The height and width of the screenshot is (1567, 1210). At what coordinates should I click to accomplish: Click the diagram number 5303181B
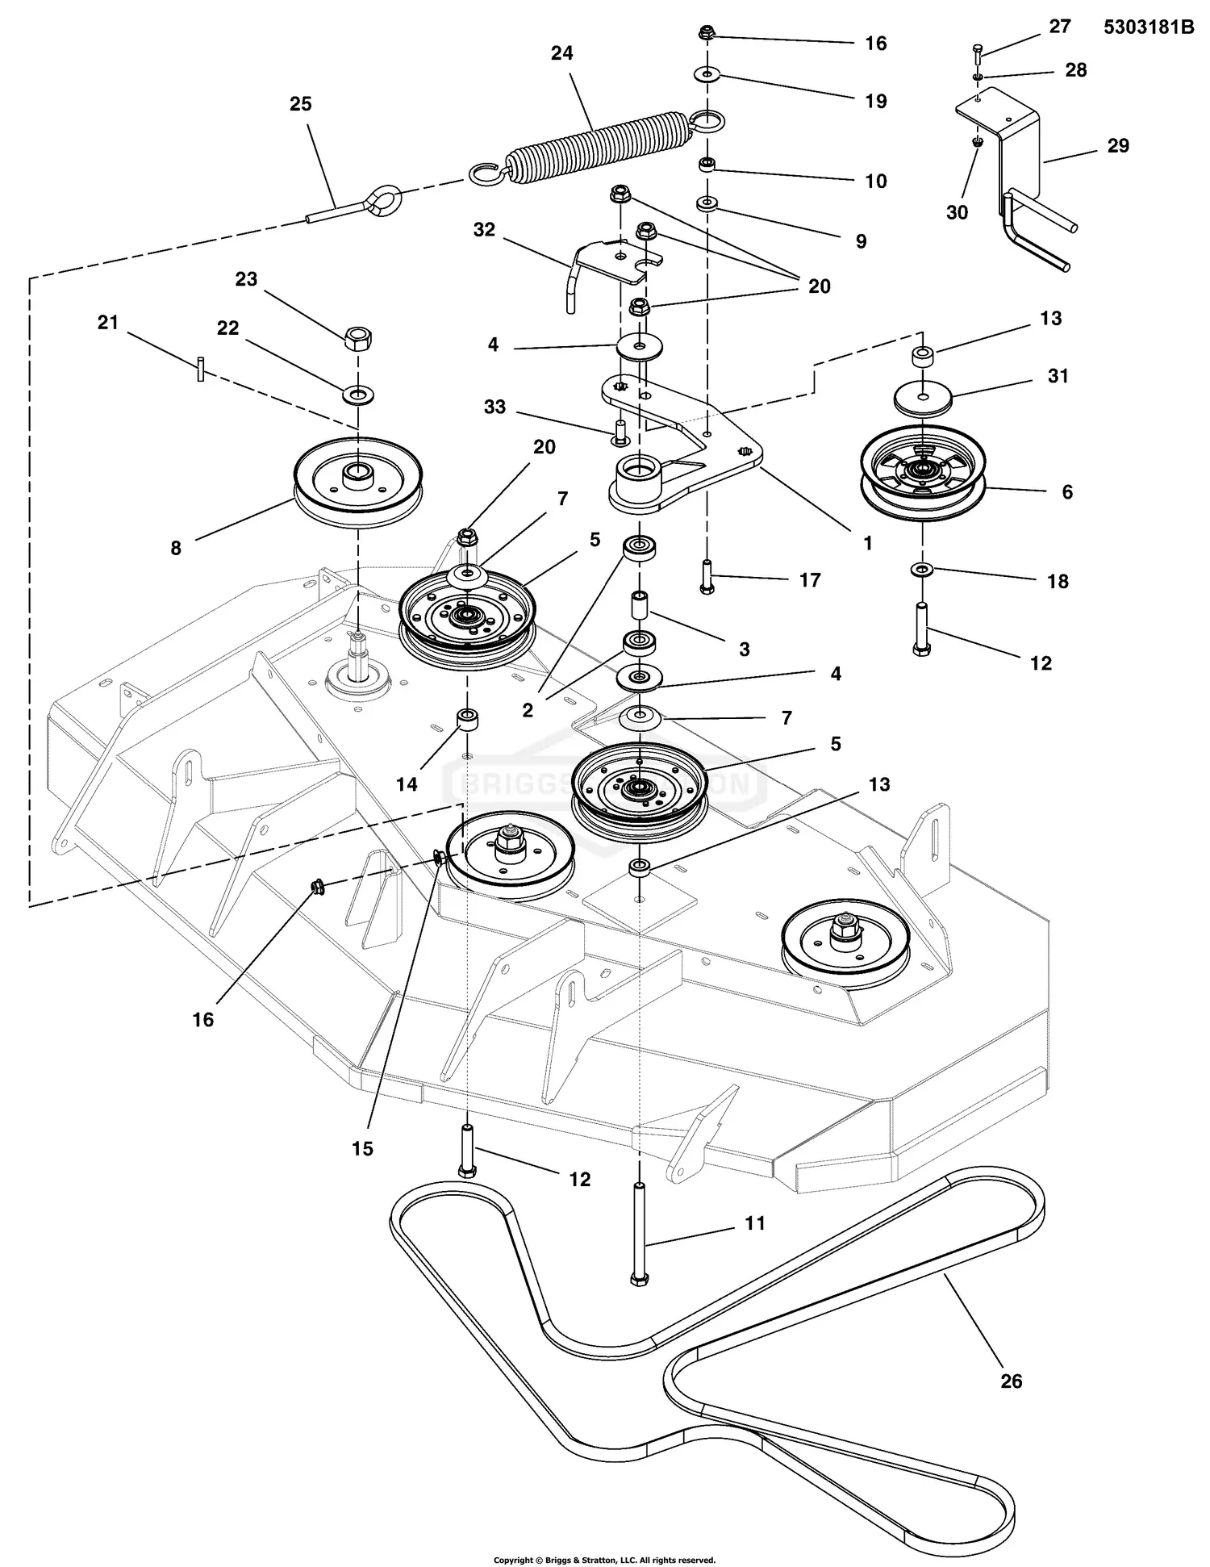(x=1148, y=27)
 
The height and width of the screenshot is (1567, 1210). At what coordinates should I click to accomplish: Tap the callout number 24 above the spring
(x=561, y=53)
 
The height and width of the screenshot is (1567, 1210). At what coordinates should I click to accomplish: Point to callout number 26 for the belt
(x=1011, y=1381)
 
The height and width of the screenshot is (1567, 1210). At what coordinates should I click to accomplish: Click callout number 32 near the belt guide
(x=484, y=230)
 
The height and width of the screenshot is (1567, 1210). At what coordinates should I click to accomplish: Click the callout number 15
(x=362, y=1148)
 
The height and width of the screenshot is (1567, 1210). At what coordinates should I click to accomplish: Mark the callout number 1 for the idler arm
(x=867, y=543)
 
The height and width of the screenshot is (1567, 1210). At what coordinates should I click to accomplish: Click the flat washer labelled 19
(x=707, y=75)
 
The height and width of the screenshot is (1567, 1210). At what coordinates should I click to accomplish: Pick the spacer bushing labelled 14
(x=466, y=719)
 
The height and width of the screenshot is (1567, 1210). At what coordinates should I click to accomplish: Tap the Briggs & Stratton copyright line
(x=604, y=1561)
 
